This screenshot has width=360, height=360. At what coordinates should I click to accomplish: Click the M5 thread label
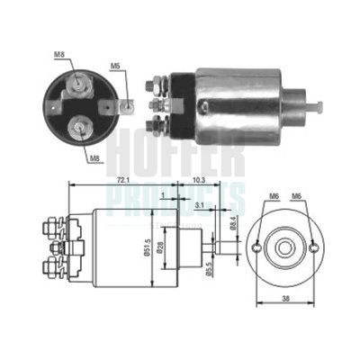115,66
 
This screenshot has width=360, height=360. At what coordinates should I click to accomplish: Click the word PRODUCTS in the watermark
180,194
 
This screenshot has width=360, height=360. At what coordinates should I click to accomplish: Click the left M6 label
271,195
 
